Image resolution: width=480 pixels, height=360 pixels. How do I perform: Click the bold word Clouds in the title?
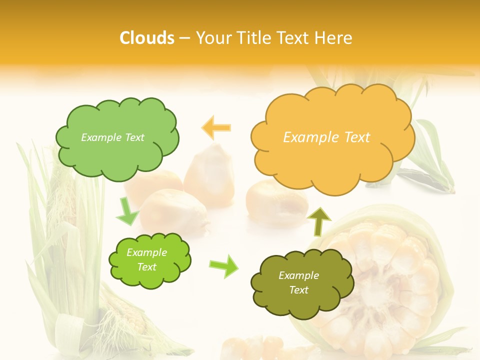coord(147,37)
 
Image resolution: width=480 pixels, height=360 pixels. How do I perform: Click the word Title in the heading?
coord(252,37)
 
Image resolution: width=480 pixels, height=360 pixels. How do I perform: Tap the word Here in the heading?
coord(333,37)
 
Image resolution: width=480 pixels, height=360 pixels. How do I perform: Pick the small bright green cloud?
coord(149,260)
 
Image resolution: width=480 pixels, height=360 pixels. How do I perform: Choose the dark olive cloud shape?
coord(302,283)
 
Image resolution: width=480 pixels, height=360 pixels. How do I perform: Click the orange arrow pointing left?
coord(216,127)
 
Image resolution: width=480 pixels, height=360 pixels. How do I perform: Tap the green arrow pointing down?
coord(127,211)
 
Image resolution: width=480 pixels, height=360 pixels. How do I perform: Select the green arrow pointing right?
coord(224,266)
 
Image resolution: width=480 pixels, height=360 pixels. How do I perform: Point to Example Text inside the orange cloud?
coord(326,137)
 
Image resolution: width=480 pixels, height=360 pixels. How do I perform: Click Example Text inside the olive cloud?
coord(298,283)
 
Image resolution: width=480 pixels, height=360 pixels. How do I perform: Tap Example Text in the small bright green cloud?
coord(146,260)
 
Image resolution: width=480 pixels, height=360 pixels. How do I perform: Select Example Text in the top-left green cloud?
coord(112,137)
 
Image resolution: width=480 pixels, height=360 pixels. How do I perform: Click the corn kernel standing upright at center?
coord(210,172)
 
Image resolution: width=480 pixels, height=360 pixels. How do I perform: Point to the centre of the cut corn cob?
coord(385,280)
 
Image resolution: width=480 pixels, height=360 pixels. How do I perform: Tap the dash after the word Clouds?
coord(184,38)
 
